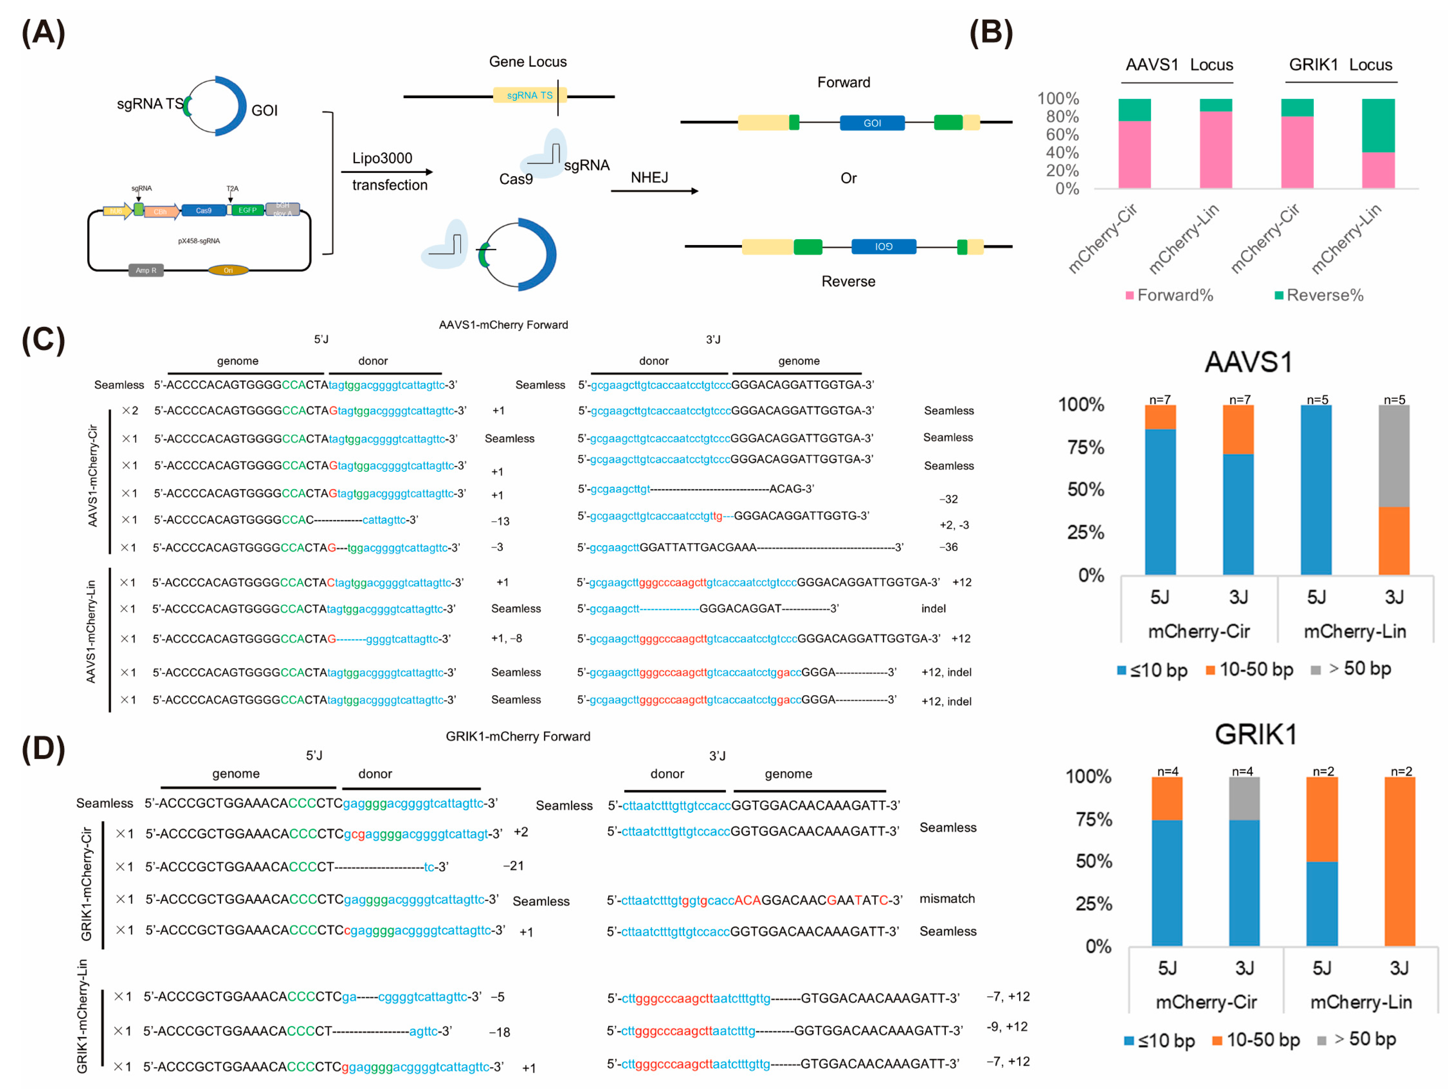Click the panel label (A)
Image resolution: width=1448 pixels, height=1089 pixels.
[43, 32]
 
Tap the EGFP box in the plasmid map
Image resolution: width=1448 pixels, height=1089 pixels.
[248, 210]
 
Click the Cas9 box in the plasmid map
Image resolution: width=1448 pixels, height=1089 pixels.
[203, 210]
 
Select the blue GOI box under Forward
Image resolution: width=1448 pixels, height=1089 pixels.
[872, 123]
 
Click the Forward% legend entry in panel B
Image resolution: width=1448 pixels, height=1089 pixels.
[1169, 295]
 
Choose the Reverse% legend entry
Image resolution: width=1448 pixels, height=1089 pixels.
[1319, 295]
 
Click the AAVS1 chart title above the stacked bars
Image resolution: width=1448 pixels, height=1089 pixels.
[1248, 362]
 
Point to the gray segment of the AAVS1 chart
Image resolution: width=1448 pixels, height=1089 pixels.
[1394, 456]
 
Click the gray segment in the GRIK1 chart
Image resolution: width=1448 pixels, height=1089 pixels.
[1244, 798]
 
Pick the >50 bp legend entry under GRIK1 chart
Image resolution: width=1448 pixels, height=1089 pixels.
[1357, 1039]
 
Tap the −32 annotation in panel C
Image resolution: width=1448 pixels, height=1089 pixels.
[948, 499]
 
